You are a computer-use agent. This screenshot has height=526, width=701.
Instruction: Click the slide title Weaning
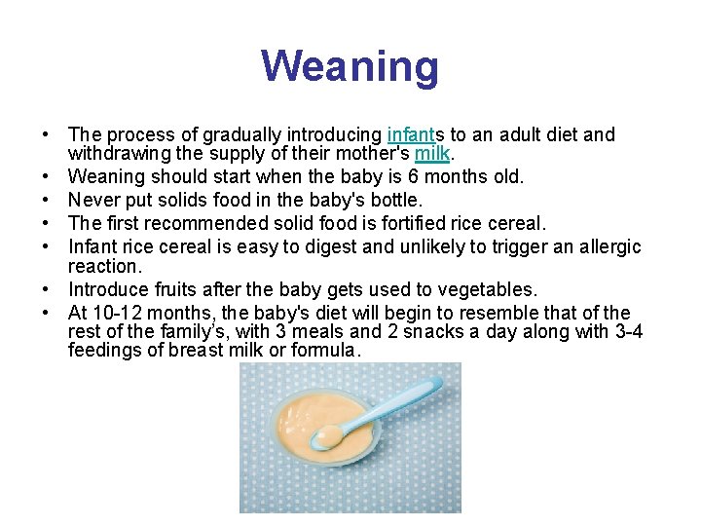(x=350, y=67)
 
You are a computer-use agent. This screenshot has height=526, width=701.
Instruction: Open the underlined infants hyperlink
(x=414, y=134)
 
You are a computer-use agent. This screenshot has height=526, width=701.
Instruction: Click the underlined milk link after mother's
(x=431, y=154)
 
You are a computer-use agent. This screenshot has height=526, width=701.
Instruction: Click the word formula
(x=328, y=350)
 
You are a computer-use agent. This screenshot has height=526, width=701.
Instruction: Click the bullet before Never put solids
(x=46, y=200)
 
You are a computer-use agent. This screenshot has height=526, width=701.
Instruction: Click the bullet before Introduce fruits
(x=46, y=289)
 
